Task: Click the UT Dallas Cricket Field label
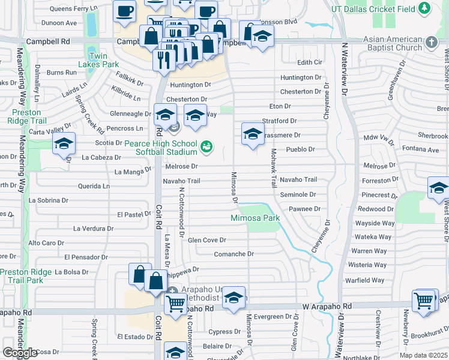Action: click(375, 8)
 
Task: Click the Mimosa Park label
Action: click(256, 218)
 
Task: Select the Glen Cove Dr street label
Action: click(206, 240)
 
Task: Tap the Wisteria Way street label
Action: click(367, 265)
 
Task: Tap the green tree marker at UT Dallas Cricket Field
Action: click(424, 8)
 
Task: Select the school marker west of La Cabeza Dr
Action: click(64, 144)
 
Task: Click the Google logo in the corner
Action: click(20, 353)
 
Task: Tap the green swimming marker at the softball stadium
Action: click(206, 146)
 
